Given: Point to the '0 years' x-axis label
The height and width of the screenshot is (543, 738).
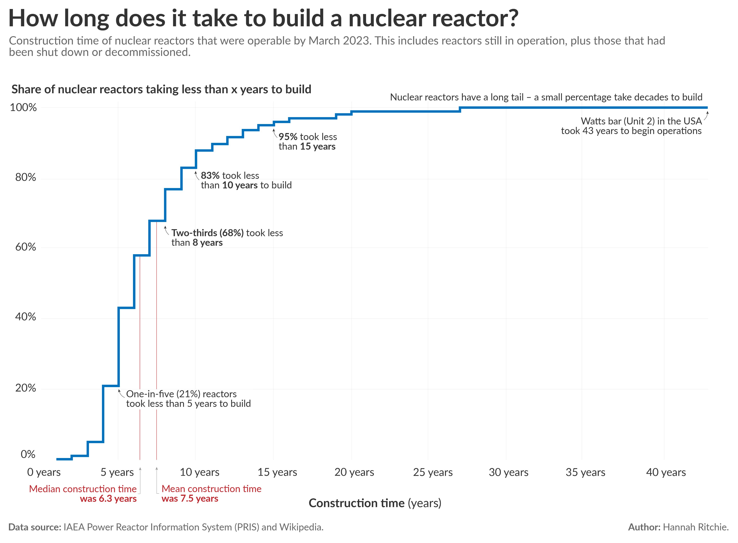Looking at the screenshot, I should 44,472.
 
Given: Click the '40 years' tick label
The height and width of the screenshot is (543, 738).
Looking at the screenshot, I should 666,472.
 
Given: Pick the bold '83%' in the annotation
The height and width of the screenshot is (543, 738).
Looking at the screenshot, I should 210,176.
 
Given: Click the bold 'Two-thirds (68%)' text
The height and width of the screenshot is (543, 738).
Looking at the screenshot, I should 207,233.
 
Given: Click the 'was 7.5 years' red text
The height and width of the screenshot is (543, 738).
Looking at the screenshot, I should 190,499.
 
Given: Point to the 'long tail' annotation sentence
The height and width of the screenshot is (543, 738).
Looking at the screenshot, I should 546,97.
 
